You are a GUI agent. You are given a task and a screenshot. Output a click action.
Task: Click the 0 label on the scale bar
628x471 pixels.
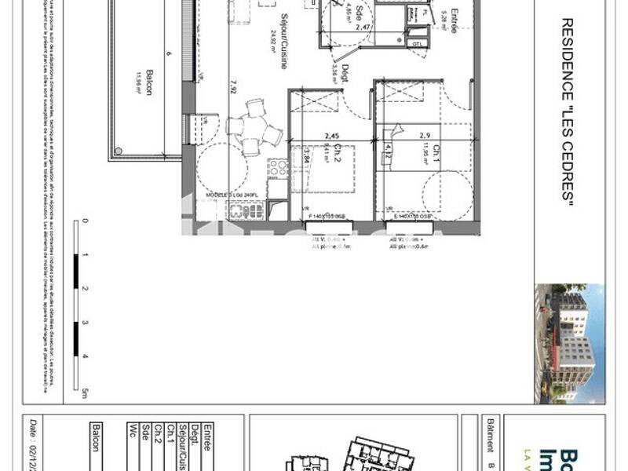click(x=85, y=221)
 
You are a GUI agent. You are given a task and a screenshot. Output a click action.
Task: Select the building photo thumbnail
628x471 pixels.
click(x=569, y=344)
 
